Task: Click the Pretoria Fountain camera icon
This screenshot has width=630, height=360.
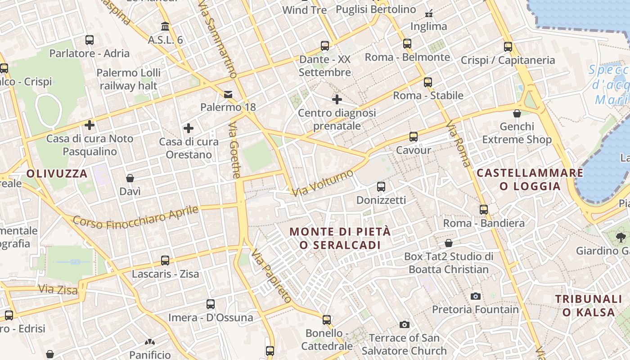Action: [x=475, y=296]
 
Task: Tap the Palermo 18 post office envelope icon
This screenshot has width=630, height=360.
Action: [x=228, y=94]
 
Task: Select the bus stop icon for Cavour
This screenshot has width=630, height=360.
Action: [x=413, y=137]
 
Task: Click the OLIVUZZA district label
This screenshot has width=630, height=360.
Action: [x=57, y=174]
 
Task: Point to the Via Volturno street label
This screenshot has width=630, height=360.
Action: [x=322, y=183]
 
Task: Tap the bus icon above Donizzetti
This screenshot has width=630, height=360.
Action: [x=381, y=186]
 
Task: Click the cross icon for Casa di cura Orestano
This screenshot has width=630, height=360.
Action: [x=189, y=129]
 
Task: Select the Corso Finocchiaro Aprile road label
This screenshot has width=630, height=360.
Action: [x=135, y=216]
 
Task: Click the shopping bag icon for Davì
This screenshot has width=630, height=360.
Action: [x=130, y=178]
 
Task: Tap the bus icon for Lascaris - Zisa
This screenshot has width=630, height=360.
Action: [x=165, y=261]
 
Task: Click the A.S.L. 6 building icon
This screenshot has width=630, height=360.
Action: [x=165, y=27]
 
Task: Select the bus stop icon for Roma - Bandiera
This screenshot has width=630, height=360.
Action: [x=483, y=210]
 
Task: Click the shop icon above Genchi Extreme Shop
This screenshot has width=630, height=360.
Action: [x=517, y=113]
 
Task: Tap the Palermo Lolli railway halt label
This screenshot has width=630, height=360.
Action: [x=128, y=79]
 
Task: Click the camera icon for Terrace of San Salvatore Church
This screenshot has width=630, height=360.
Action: [x=404, y=324]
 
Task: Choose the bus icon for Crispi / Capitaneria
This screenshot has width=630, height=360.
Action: [x=508, y=46]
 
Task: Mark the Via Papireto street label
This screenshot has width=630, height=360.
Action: [x=272, y=275]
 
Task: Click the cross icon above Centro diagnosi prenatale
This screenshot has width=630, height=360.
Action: [x=337, y=99]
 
